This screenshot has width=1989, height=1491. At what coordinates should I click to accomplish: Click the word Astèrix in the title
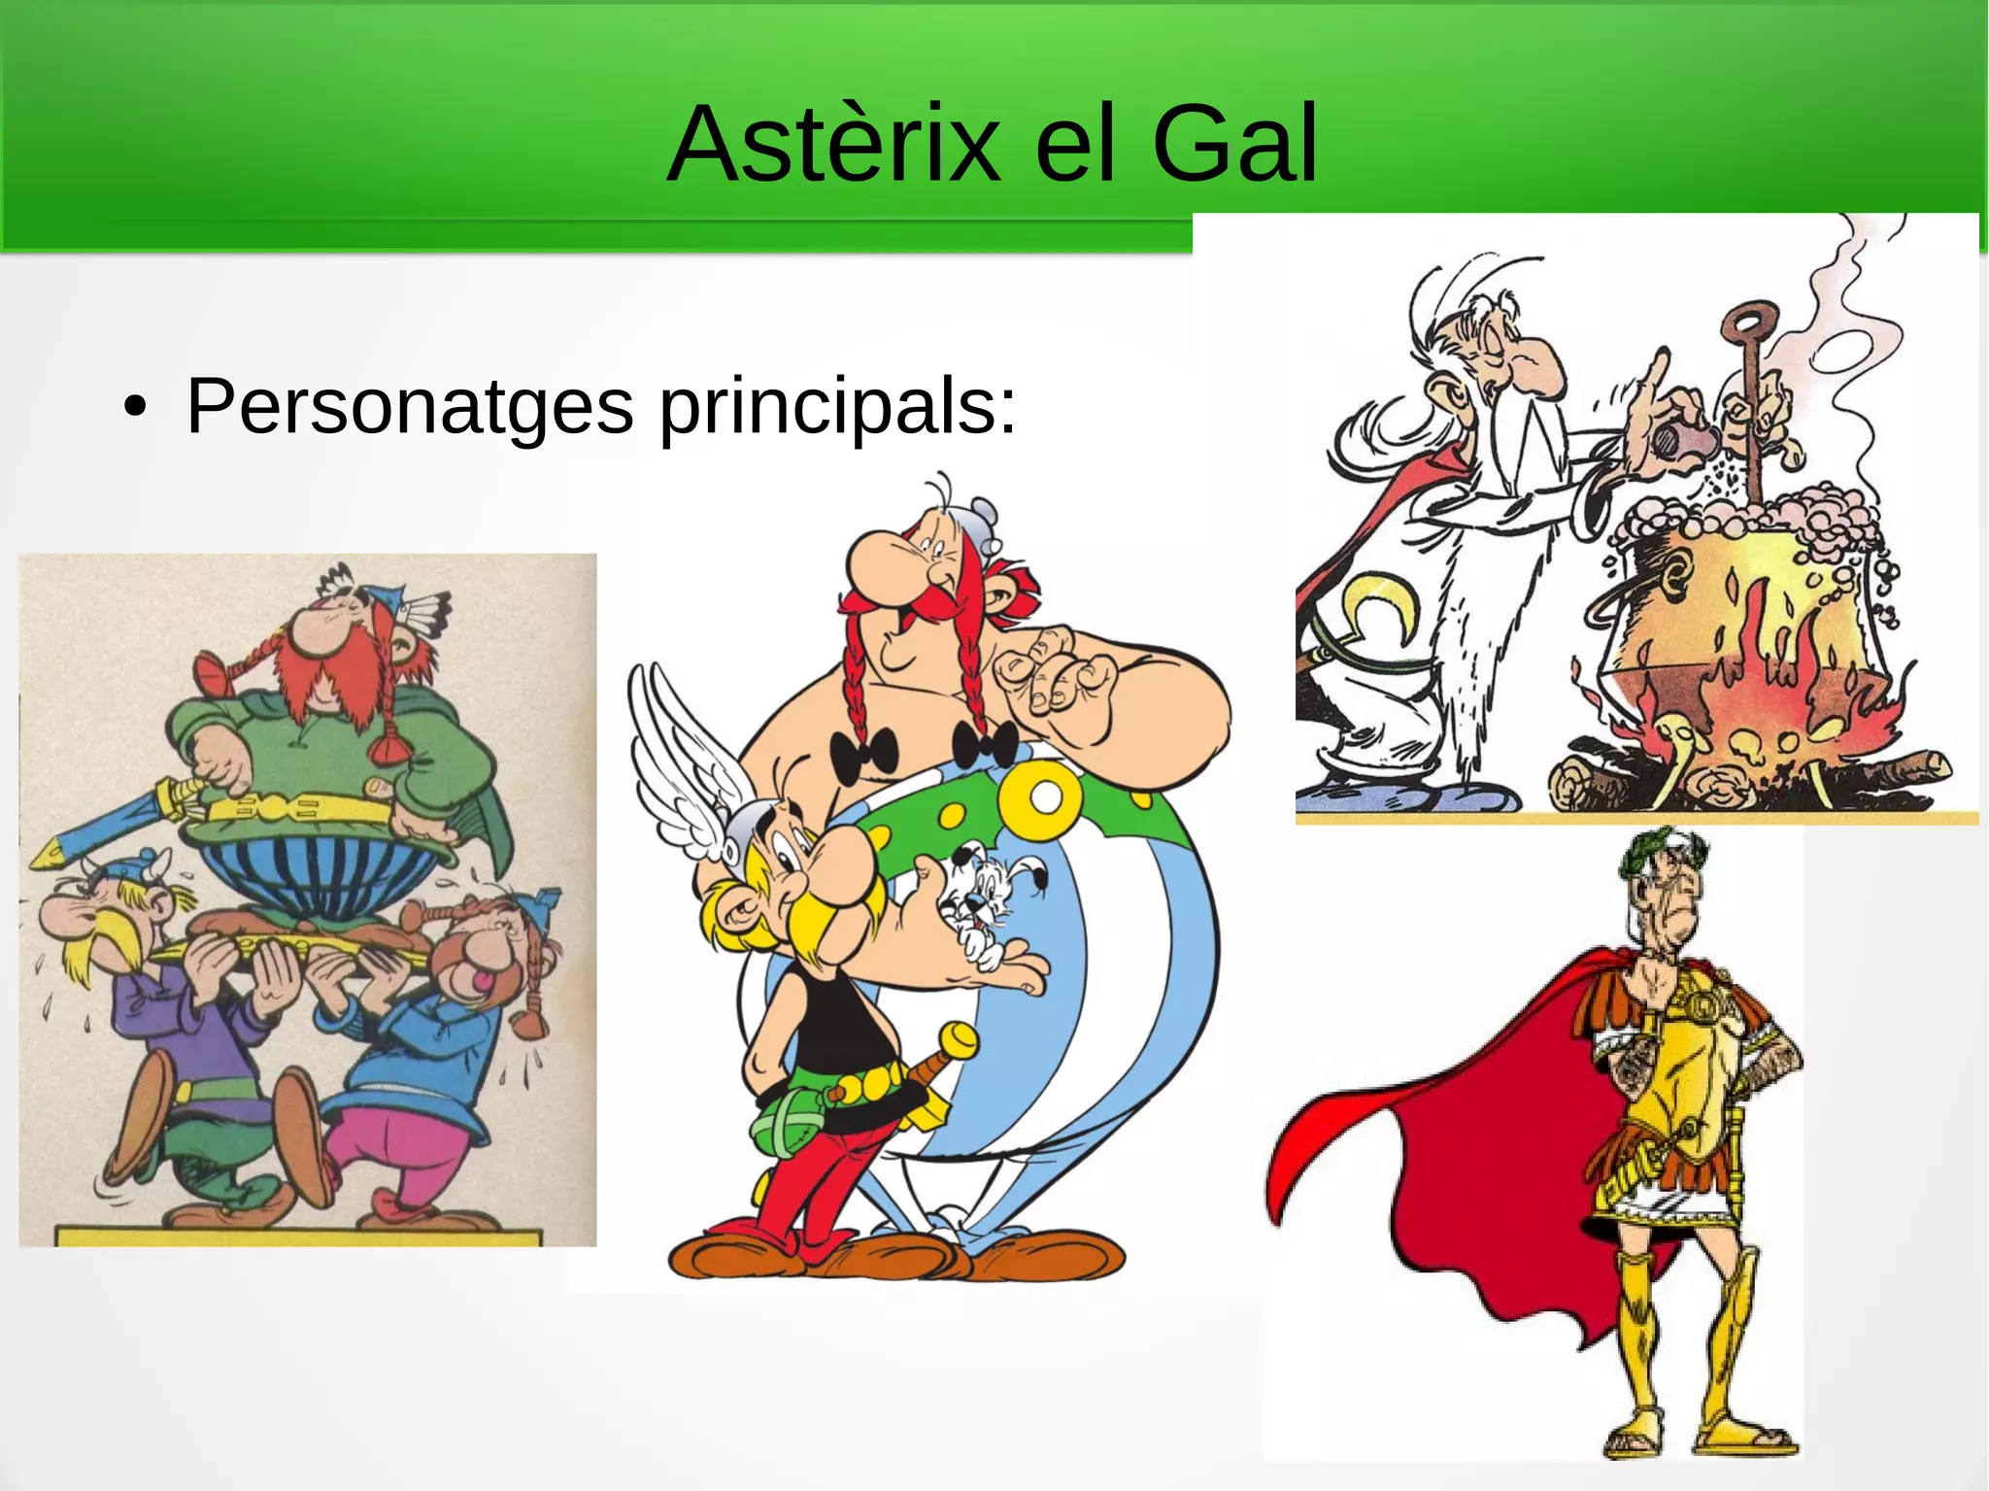click(833, 146)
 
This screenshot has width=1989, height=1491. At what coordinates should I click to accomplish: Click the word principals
click(837, 406)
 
